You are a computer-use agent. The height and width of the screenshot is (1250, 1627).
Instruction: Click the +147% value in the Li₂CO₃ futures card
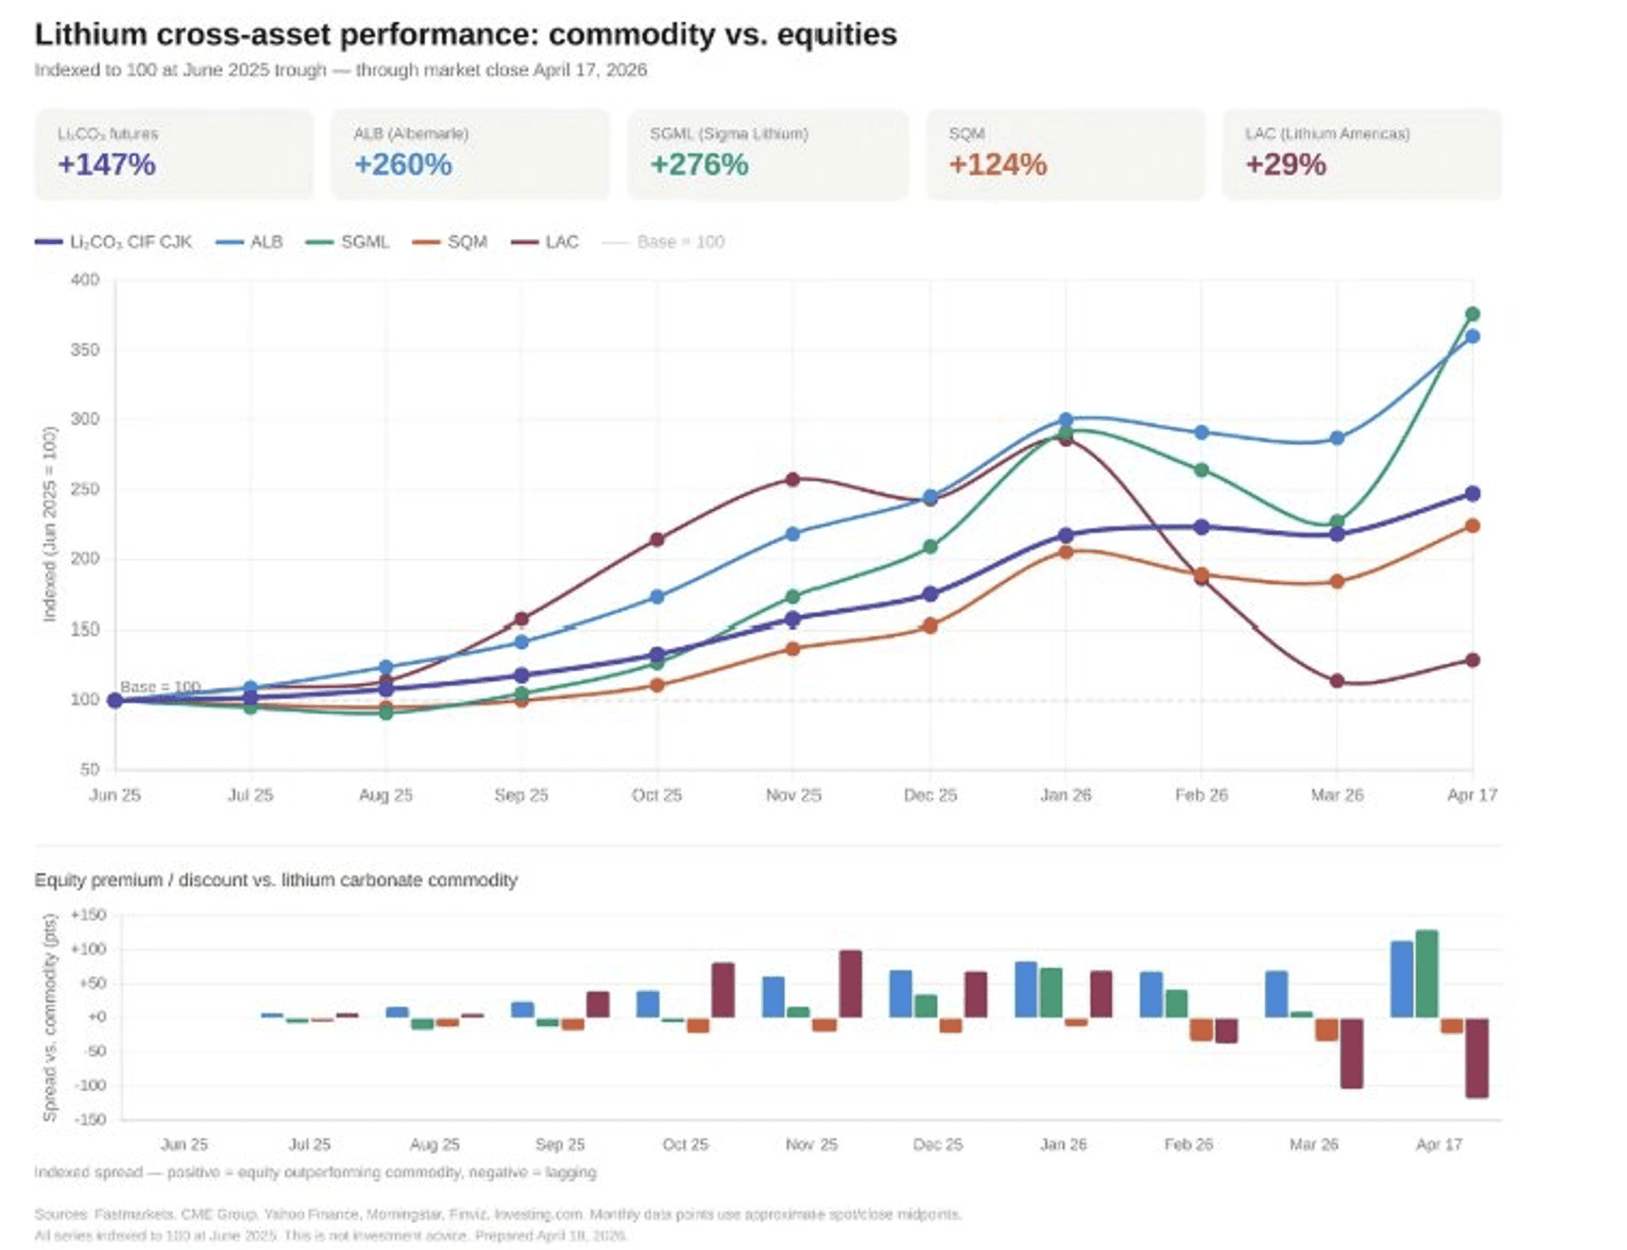[x=107, y=165]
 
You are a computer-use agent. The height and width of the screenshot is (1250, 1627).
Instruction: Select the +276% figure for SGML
[x=699, y=165]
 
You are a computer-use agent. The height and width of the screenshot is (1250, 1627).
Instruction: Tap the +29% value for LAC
[x=1286, y=165]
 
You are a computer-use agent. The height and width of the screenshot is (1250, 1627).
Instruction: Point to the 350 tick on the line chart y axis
[x=84, y=350]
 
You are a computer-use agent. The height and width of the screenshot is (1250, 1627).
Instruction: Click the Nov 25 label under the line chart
[x=793, y=795]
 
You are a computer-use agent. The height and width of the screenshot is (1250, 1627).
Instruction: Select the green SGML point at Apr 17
[x=1472, y=314]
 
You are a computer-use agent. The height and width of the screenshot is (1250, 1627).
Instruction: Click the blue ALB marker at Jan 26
[x=1066, y=420]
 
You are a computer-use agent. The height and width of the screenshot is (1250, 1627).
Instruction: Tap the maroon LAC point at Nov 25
[x=793, y=479]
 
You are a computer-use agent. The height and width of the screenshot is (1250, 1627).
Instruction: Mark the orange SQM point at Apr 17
[x=1472, y=526]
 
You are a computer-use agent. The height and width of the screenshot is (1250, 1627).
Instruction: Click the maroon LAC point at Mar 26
[x=1337, y=681]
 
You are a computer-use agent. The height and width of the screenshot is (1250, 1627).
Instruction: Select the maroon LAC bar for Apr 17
[x=1477, y=1057]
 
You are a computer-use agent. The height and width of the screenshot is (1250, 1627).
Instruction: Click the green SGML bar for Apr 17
[x=1427, y=974]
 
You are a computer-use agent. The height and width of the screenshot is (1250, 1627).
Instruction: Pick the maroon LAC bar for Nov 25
[x=850, y=984]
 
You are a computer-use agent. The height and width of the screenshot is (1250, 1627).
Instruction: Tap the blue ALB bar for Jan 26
[x=1026, y=990]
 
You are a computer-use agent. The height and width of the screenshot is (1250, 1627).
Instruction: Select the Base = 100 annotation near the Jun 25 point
[x=160, y=687]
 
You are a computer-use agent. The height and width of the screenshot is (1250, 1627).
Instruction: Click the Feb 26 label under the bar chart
[x=1188, y=1145]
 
